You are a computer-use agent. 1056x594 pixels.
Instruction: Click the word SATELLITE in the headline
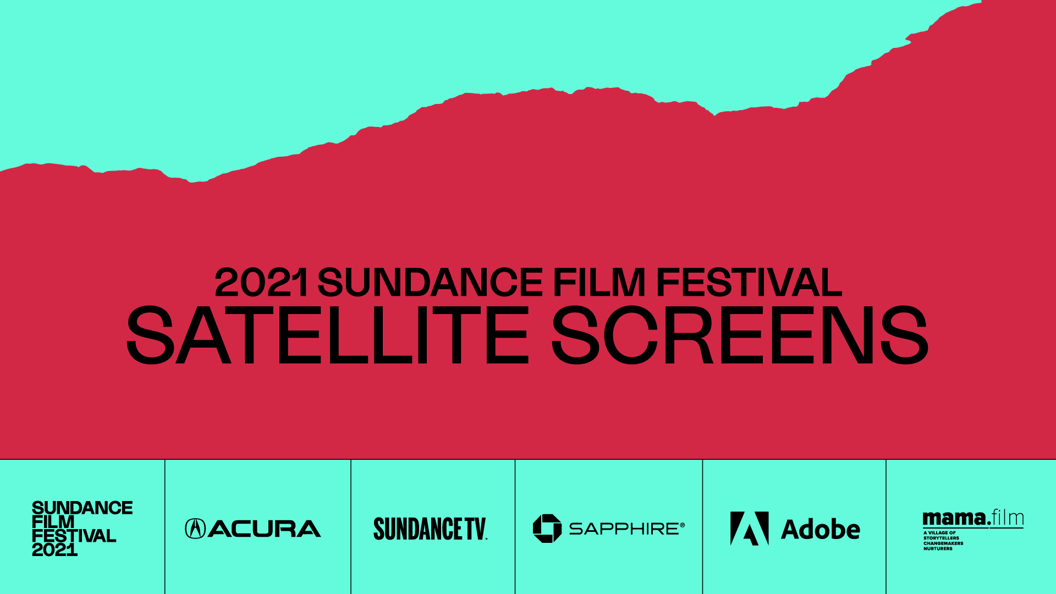pos(328,335)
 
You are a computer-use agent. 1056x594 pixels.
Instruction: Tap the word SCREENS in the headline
pos(740,335)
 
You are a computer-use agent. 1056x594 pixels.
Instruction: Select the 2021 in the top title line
pos(261,282)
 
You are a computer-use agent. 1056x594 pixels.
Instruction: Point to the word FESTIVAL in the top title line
pos(749,282)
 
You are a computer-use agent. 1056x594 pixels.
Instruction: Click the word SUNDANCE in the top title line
pos(431,282)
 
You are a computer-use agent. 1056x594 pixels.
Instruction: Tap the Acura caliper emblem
pos(195,529)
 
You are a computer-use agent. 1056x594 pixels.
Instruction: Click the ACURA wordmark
pos(265,529)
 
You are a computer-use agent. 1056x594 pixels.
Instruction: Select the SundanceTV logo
pos(431,529)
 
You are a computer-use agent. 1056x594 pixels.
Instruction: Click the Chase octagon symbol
pos(547,529)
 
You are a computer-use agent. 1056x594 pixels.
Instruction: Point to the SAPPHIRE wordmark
pos(624,529)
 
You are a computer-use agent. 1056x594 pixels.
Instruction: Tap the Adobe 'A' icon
pos(749,529)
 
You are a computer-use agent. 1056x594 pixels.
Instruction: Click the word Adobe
pos(821,529)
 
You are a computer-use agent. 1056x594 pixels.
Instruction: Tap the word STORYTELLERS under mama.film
pos(941,538)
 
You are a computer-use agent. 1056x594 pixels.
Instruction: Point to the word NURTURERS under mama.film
pos(938,548)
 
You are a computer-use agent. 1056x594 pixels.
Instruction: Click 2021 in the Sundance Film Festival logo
pos(54,549)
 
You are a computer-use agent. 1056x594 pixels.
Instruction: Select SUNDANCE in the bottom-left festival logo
pos(82,508)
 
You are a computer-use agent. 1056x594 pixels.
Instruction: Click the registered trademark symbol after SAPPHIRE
pos(683,525)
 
